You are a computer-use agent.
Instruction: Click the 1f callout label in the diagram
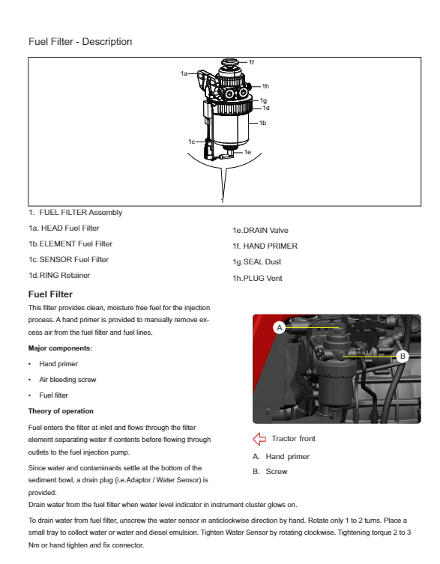(251, 62)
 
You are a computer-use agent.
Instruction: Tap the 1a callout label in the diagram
(184, 73)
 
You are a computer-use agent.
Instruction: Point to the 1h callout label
(265, 86)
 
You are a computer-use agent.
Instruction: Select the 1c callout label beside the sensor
(192, 142)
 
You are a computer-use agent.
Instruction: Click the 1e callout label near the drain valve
(247, 152)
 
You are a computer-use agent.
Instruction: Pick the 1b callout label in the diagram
(263, 123)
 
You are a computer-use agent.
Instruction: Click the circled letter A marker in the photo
(280, 327)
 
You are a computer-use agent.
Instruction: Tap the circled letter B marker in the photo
(403, 356)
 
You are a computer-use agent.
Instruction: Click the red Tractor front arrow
(259, 439)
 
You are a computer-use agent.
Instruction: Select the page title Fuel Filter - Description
(80, 42)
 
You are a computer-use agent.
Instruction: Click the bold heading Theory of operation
(61, 411)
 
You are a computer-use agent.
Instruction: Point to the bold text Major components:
(60, 348)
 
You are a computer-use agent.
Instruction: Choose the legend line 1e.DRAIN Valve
(260, 230)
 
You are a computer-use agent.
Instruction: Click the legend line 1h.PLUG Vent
(257, 278)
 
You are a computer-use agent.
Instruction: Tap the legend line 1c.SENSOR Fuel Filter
(68, 259)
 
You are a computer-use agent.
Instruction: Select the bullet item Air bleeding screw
(67, 380)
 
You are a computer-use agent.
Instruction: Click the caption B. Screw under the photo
(270, 472)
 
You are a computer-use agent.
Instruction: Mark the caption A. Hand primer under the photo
(281, 456)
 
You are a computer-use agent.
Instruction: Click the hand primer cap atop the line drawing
(229, 63)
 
